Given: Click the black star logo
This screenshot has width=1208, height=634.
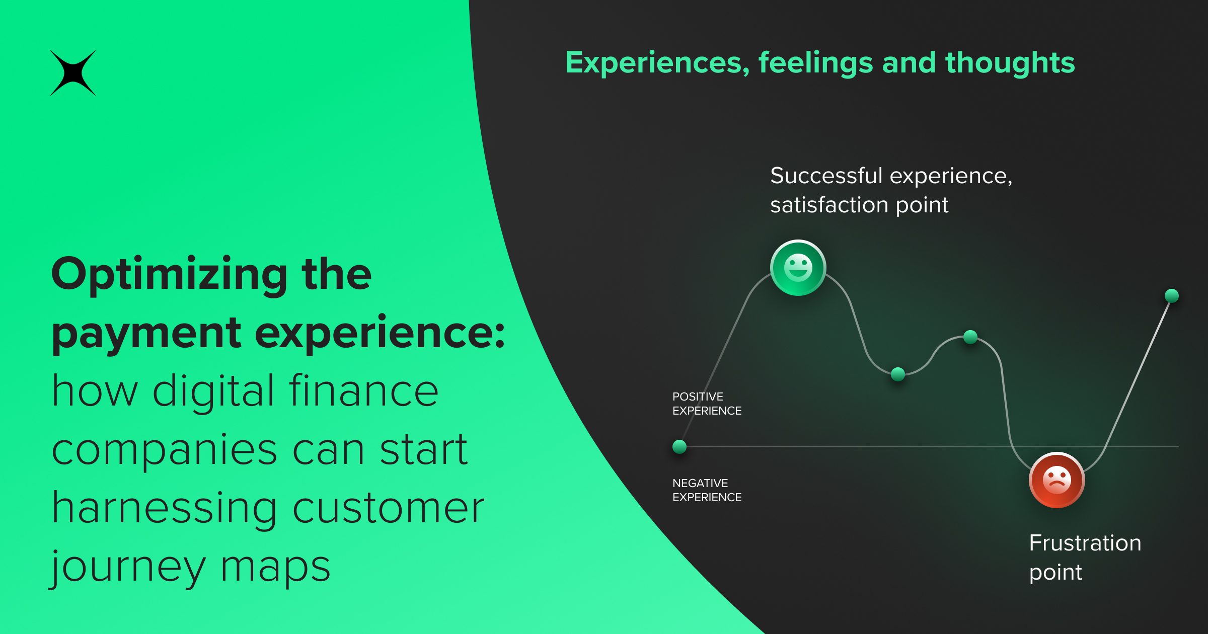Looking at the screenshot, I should coord(73,73).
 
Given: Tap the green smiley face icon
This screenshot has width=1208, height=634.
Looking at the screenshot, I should coord(798,268).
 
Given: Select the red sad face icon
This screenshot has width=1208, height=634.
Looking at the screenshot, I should coord(1056,480).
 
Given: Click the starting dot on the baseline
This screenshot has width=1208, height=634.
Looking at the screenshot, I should coord(679,446).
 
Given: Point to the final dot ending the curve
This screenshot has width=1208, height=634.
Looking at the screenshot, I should coord(1172,296).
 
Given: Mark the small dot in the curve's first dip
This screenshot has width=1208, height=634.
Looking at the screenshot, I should coord(898,374).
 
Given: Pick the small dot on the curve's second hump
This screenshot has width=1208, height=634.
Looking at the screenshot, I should coord(970,337).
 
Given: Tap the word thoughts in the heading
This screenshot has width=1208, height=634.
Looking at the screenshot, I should coord(1010,63).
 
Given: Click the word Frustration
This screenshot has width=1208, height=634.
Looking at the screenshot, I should coord(1085,543).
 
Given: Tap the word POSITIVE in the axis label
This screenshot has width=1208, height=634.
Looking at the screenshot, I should coord(698,397).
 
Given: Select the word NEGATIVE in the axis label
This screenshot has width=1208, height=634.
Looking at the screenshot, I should coord(700,483).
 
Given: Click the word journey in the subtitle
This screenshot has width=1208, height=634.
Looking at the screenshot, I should coord(128,568).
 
